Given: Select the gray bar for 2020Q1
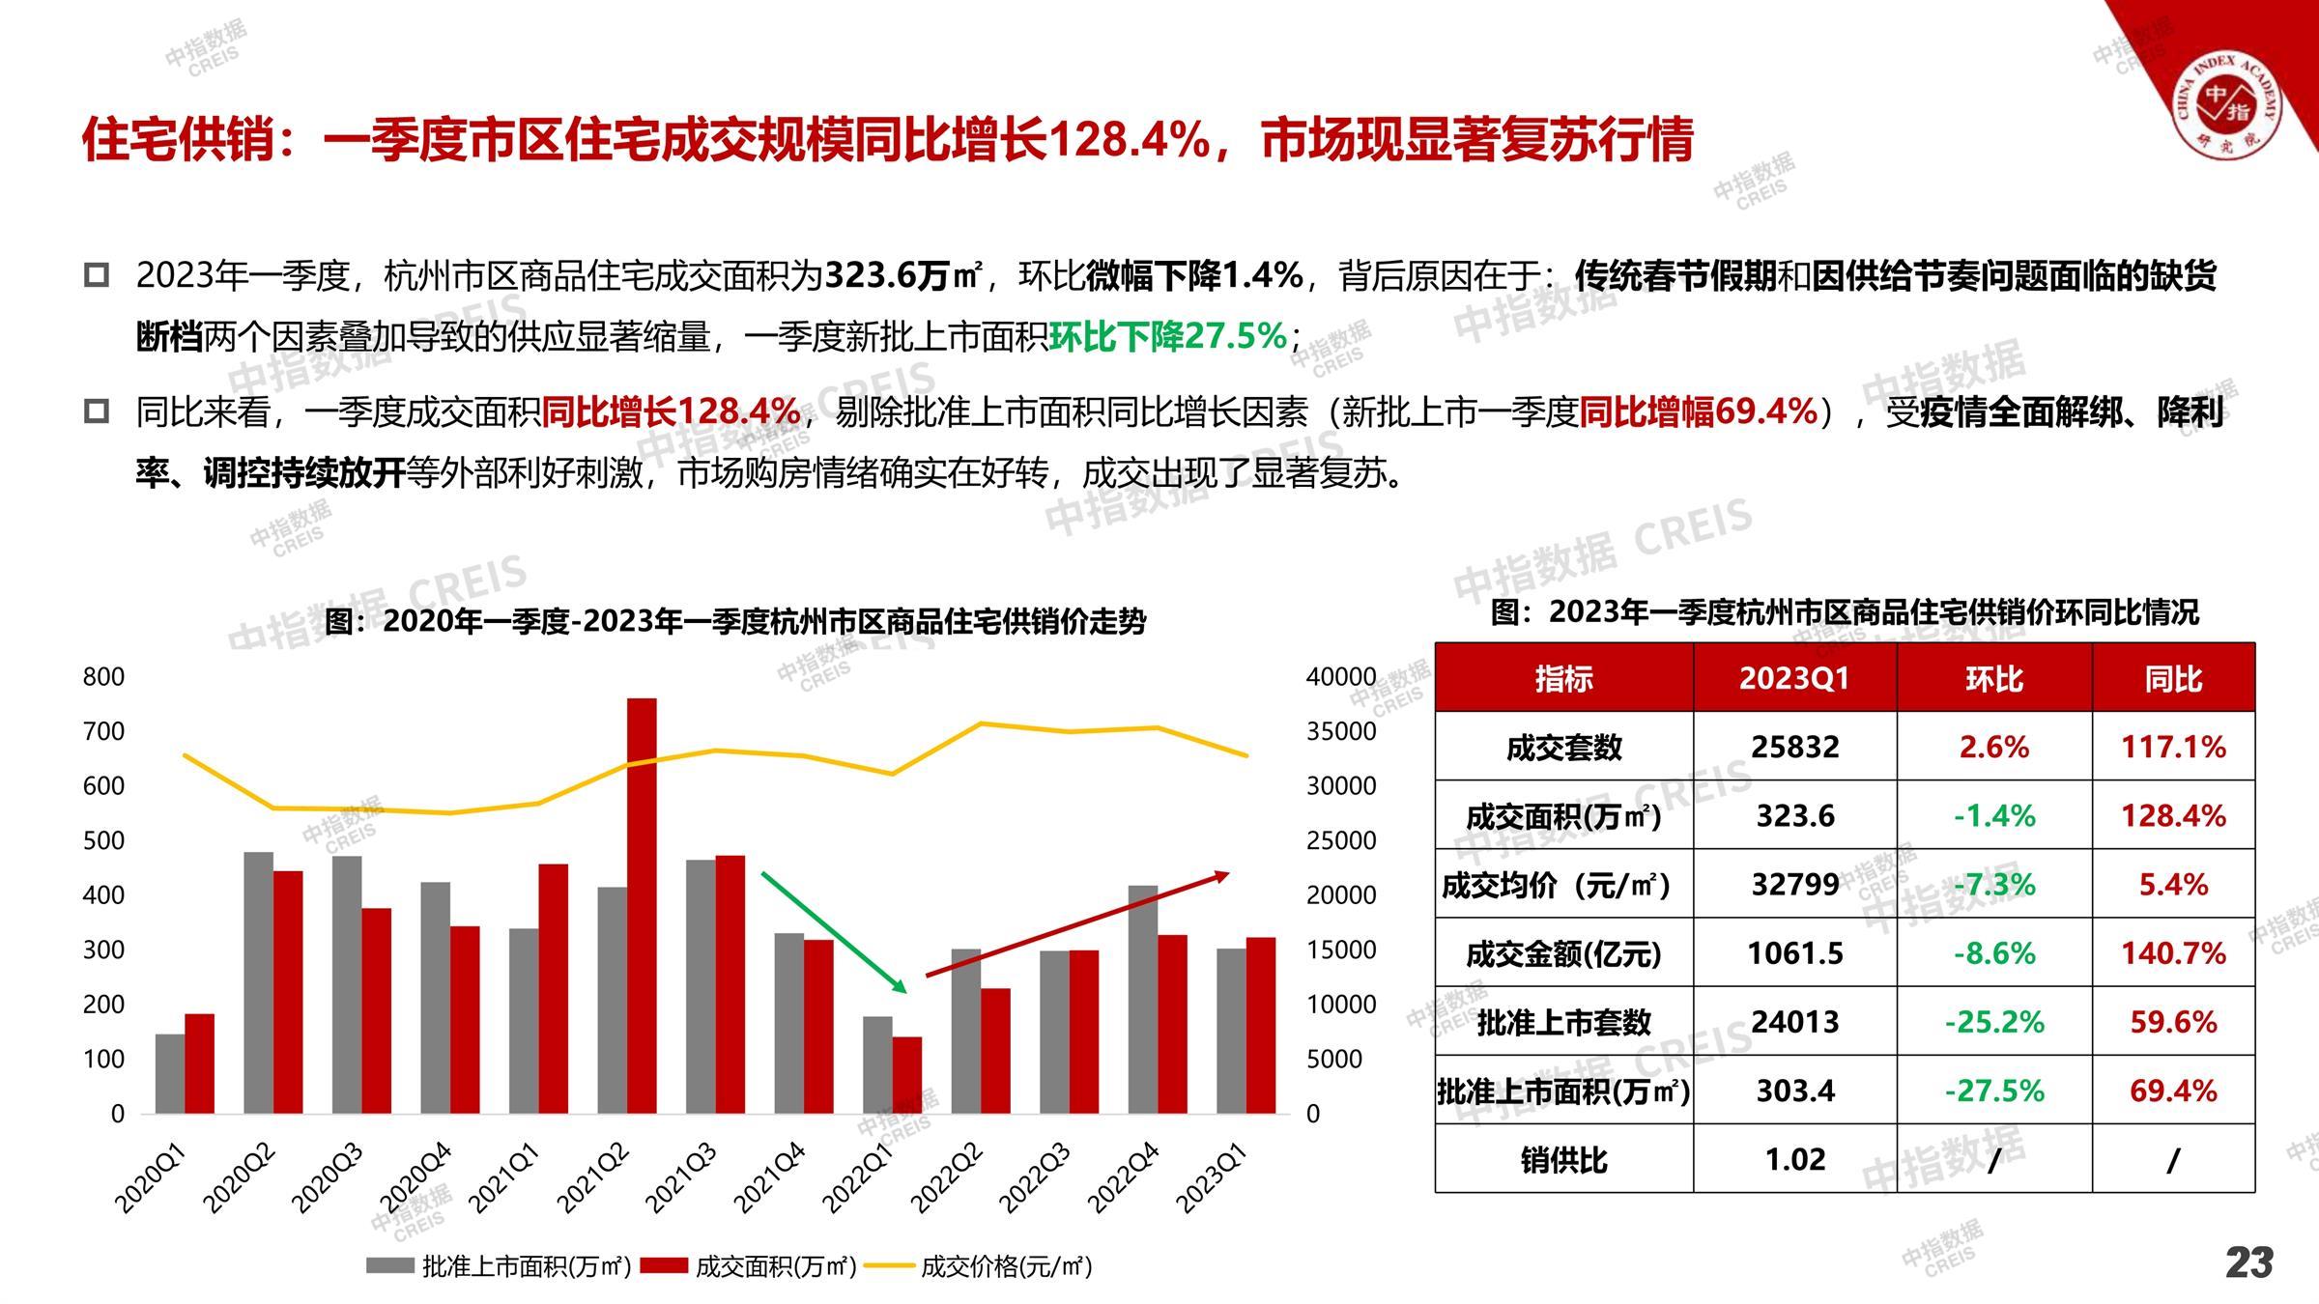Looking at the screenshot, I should (x=170, y=1073).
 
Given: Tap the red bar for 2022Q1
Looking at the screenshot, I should (x=906, y=1075).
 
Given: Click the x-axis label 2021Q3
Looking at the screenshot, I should (x=681, y=1177).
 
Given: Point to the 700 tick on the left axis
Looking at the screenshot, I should (x=103, y=731).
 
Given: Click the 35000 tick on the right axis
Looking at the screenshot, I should (x=1341, y=731).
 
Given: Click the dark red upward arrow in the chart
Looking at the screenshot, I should (x=1076, y=923).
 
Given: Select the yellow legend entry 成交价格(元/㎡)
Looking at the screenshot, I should (x=978, y=1266).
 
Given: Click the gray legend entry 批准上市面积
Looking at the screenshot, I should (x=499, y=1266).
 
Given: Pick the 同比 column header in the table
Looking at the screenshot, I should (x=2173, y=678).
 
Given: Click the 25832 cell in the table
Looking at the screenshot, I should (x=1794, y=747).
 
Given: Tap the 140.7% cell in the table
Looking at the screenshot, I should (x=2173, y=953).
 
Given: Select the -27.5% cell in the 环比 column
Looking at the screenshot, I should (x=1994, y=1091).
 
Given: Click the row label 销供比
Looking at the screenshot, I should (x=1563, y=1159).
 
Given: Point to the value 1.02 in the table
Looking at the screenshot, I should (x=1794, y=1159).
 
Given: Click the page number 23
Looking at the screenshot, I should (x=2249, y=1262).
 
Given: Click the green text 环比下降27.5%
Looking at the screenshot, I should (x=1168, y=337).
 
